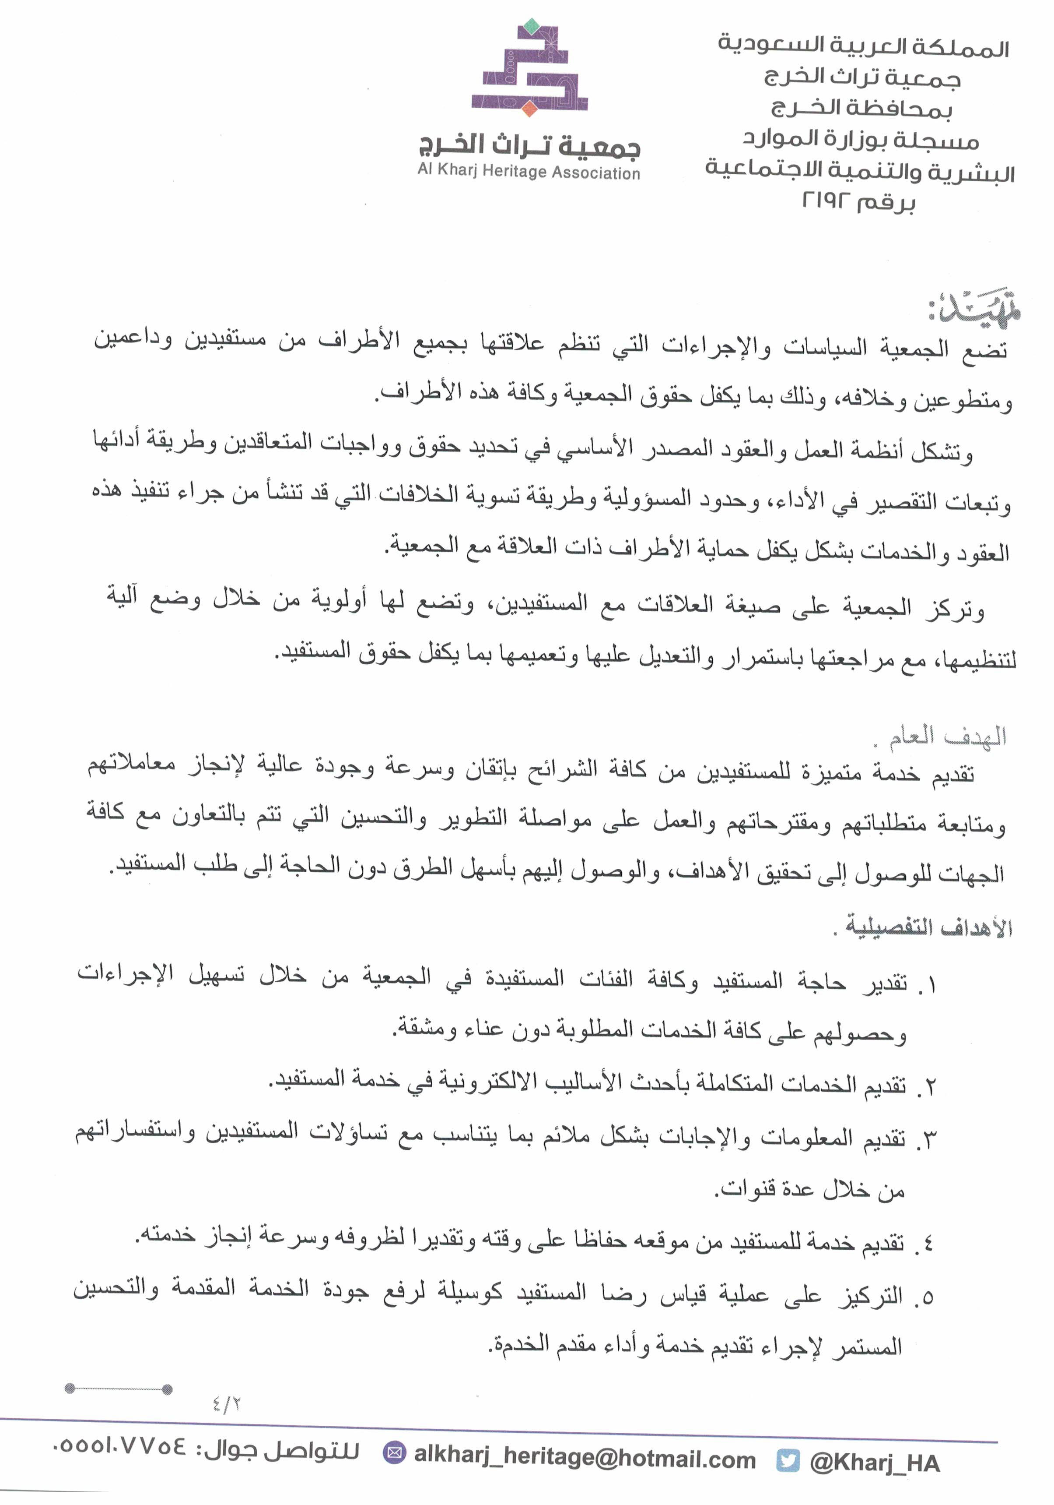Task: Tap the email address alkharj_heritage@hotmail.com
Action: point(585,1459)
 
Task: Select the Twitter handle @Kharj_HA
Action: point(875,1462)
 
